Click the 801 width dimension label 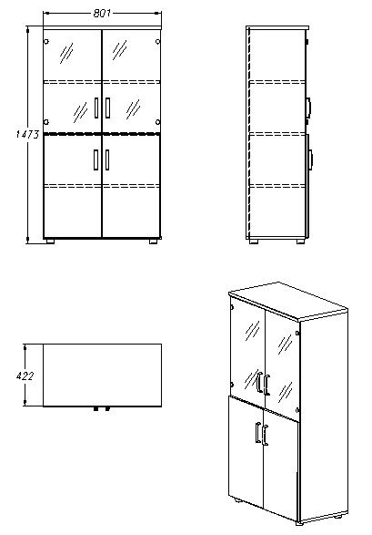coord(102,14)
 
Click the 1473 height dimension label coord(27,134)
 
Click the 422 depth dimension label coord(25,376)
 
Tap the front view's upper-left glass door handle coord(96,108)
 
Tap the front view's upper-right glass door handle coord(107,108)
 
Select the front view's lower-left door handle coord(96,159)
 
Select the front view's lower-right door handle coord(107,159)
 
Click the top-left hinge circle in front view coord(46,42)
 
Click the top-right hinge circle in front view coord(158,42)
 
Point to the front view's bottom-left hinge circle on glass coord(46,122)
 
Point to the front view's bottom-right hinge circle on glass coord(158,122)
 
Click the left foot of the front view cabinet coord(50,241)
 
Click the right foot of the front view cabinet coord(154,241)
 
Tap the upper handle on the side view coord(309,106)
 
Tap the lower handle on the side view coord(311,159)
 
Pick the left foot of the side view coord(253,242)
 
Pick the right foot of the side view coord(300,242)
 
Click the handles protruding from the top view coord(102,408)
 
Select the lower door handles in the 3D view coord(262,434)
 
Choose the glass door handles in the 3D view coord(263,384)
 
